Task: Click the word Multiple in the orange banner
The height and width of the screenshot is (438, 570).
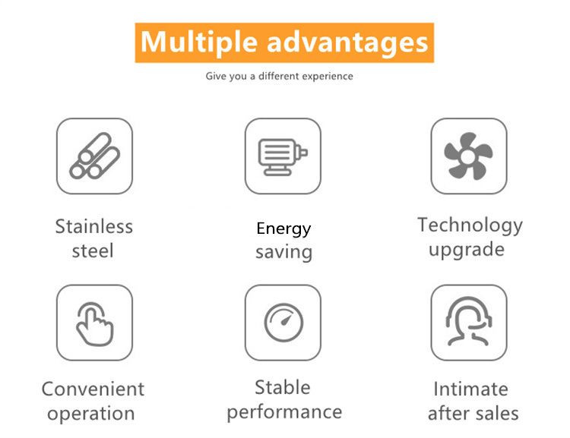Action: click(199, 43)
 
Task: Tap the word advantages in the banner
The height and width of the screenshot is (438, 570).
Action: click(347, 43)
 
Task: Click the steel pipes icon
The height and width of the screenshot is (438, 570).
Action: click(94, 156)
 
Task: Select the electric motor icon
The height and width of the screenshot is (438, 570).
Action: click(283, 157)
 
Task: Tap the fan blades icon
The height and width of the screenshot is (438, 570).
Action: click(469, 156)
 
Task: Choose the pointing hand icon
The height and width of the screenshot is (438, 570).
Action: click(94, 324)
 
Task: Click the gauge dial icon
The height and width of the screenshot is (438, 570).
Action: click(283, 323)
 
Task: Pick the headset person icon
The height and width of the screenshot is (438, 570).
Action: click(469, 321)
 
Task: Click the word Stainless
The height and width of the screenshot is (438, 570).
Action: click(94, 227)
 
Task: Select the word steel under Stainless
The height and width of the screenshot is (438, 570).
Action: click(93, 251)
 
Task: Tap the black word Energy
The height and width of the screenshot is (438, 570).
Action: click(283, 229)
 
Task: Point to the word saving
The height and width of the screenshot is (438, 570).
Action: click(284, 253)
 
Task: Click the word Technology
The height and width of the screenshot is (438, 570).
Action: click(470, 225)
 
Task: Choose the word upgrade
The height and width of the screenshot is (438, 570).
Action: click(467, 250)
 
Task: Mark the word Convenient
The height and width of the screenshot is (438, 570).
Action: click(93, 389)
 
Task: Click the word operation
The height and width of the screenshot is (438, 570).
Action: click(91, 414)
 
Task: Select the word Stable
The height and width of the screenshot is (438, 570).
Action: click(283, 387)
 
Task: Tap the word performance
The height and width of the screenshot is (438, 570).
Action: click(285, 412)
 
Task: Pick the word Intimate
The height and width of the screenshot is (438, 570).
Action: click(471, 389)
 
